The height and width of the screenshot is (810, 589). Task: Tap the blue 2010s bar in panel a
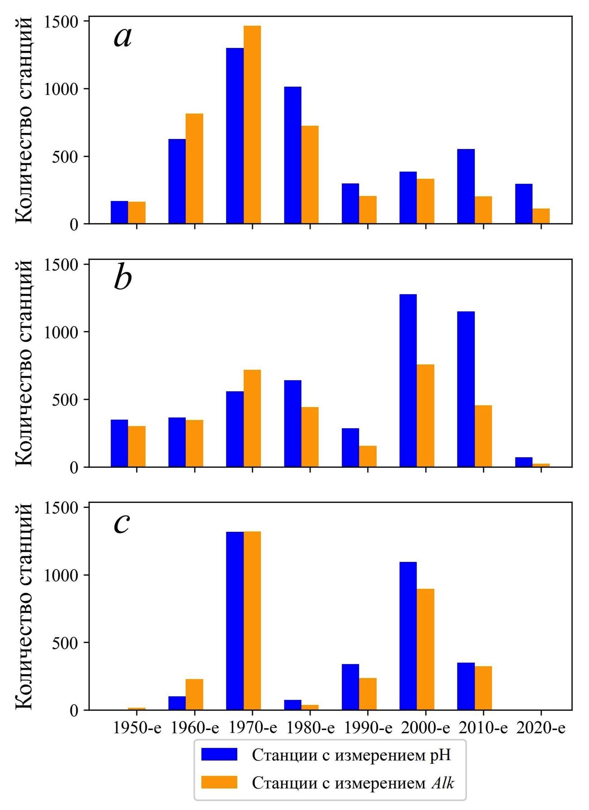[466, 186]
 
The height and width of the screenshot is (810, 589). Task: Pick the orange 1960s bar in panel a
[195, 168]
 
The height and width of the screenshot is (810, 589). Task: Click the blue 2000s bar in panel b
[408, 380]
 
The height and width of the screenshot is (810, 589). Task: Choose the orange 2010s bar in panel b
[483, 436]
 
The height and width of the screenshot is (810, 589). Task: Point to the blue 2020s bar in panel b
[524, 462]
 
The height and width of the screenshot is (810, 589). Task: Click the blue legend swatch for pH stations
[219, 754]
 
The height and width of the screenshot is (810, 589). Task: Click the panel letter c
[122, 524]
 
